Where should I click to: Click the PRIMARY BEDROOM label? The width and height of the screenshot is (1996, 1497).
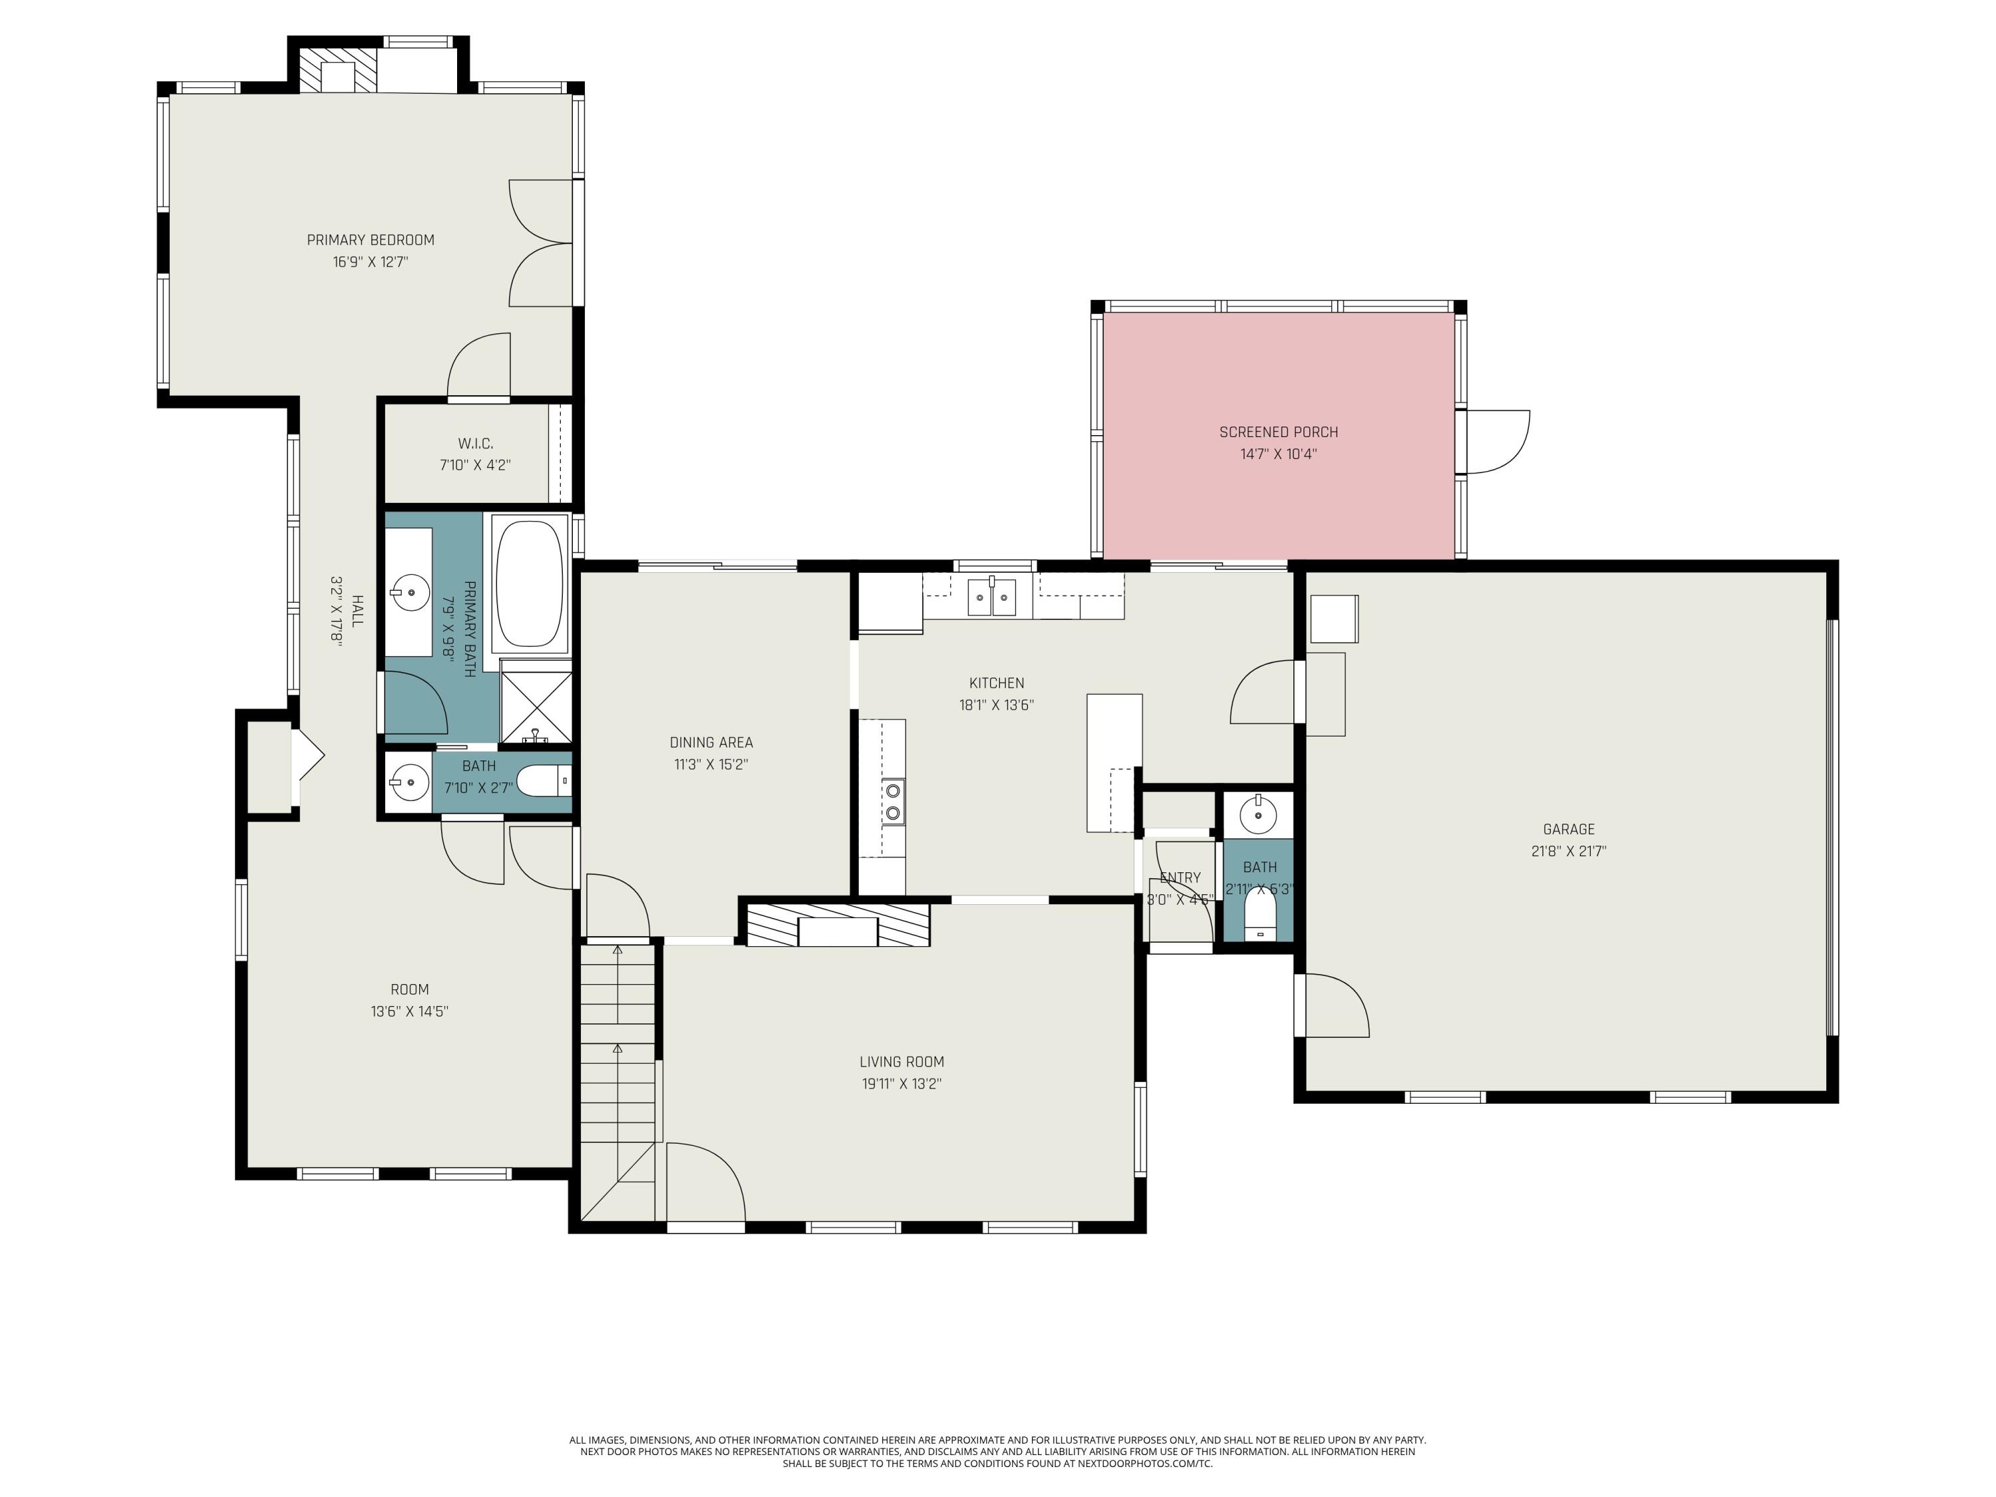(370, 240)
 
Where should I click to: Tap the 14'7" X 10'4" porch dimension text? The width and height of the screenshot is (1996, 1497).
(1277, 454)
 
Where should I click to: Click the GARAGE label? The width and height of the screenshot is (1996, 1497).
(1568, 829)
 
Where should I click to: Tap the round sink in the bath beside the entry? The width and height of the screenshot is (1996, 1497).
(1258, 816)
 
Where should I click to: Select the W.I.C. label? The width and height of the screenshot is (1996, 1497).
(474, 444)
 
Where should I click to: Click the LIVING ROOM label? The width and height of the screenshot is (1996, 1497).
(901, 1062)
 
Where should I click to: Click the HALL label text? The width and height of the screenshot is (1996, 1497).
(357, 611)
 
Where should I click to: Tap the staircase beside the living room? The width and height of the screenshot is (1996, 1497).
(618, 1074)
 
